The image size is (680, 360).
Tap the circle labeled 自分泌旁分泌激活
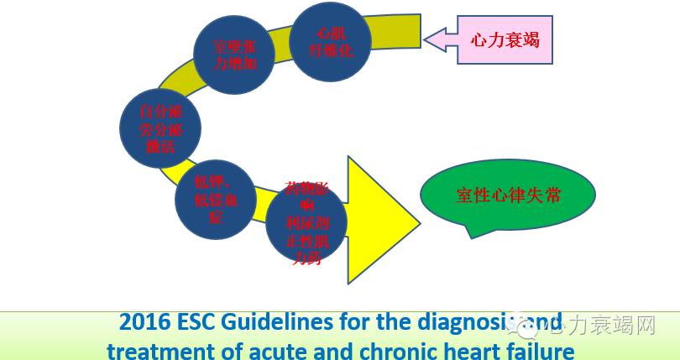(x=159, y=128)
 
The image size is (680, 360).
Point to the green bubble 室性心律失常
(x=509, y=196)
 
